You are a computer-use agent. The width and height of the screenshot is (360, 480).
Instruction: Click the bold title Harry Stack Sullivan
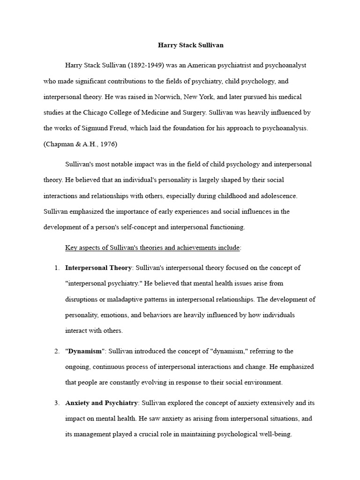[190, 45]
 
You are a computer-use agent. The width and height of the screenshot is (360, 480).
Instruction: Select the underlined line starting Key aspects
[152, 247]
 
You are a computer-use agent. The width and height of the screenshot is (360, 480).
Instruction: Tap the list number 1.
[56, 268]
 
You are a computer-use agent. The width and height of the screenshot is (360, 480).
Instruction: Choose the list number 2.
[56, 351]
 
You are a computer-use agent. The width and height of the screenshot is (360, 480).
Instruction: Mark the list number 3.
[56, 403]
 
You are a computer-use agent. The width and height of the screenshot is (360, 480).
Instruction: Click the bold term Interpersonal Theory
[98, 268]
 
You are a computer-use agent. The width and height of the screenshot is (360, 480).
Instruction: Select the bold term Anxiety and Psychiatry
[101, 403]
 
